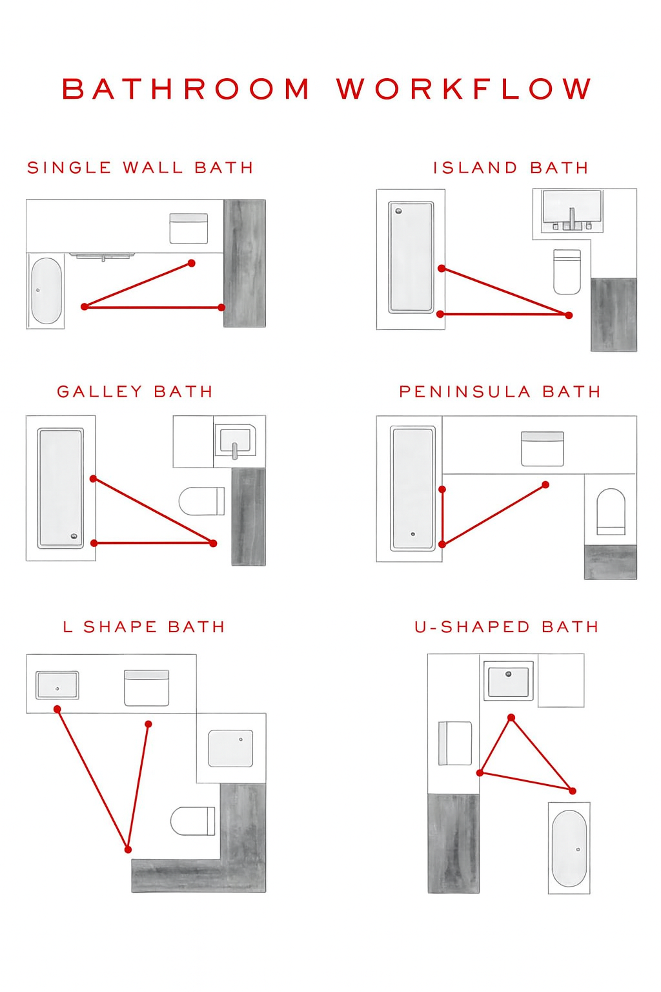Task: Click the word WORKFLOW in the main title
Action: click(x=463, y=88)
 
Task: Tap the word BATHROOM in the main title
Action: click(x=185, y=88)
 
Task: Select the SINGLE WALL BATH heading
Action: click(x=140, y=167)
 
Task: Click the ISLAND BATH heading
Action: click(x=511, y=167)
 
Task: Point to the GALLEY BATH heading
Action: click(x=135, y=391)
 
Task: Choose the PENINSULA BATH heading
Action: click(x=500, y=391)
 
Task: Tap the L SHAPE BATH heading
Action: click(x=144, y=626)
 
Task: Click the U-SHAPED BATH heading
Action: click(x=507, y=626)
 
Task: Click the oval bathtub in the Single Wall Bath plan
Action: click(x=46, y=291)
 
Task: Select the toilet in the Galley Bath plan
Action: click(x=201, y=501)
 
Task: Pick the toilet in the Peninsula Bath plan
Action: click(x=611, y=512)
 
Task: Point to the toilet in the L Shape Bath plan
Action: click(x=192, y=821)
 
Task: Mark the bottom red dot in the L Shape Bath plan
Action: click(x=128, y=849)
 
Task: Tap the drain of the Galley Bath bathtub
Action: click(x=74, y=536)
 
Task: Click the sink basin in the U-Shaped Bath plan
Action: click(x=508, y=681)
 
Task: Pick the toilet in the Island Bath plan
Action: click(x=567, y=271)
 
